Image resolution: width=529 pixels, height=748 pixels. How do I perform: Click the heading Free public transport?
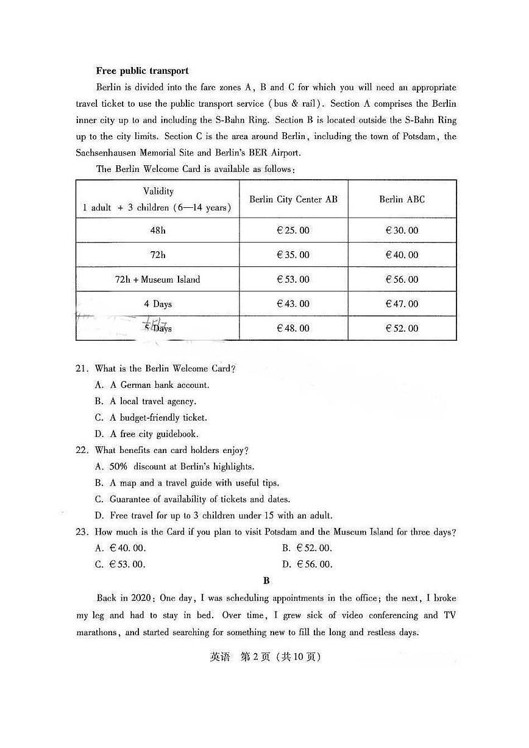142,71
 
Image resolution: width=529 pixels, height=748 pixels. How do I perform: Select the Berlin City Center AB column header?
293,199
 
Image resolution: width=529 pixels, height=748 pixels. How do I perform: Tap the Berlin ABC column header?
402,199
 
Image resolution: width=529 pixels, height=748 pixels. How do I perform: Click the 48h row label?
157,230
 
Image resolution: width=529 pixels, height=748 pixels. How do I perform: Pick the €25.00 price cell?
293,230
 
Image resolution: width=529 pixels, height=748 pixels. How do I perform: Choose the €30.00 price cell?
402,230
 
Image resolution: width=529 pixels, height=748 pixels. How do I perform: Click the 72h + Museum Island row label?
157,279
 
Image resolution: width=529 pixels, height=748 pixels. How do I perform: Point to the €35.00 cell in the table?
293,255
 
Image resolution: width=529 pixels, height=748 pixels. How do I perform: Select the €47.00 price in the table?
402,304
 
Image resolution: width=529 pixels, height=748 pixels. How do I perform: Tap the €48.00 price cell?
293,328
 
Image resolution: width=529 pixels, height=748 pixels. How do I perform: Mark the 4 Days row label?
157,304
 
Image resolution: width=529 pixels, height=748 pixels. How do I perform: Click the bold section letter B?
266,581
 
